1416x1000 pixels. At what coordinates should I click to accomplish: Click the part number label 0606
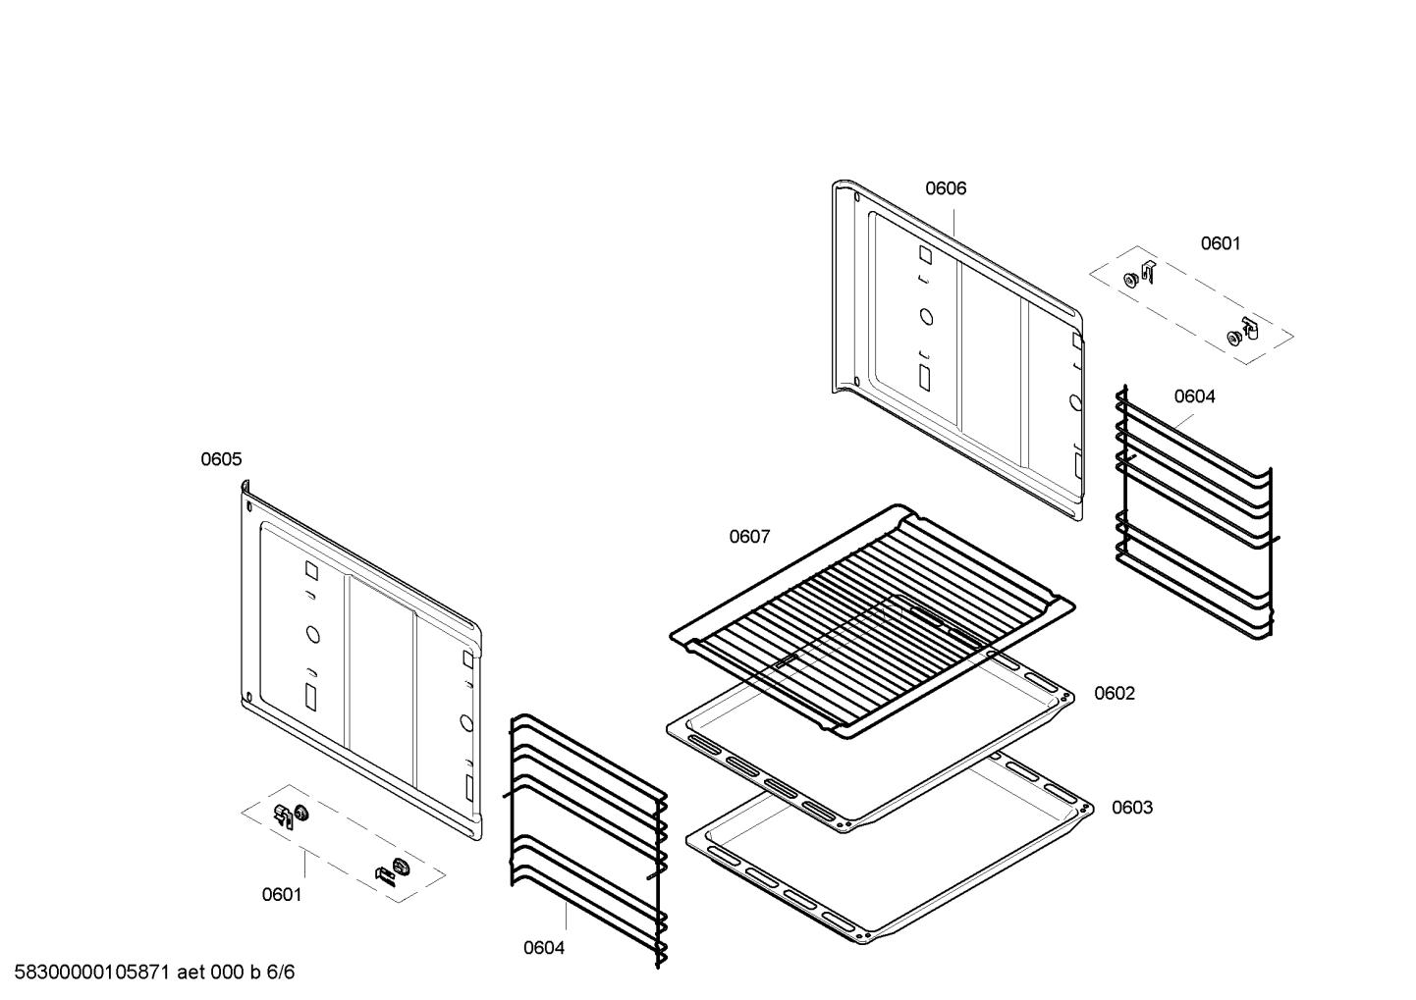(946, 188)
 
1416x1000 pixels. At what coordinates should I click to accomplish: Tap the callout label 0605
(221, 459)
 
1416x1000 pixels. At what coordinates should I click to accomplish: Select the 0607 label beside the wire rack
(749, 537)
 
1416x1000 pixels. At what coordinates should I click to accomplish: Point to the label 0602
(1115, 693)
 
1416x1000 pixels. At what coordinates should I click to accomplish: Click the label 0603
(1132, 808)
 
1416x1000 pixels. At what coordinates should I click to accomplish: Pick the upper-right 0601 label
(1221, 243)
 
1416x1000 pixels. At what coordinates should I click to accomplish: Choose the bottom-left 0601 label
(282, 894)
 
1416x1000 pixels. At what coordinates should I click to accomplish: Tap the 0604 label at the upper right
(1195, 396)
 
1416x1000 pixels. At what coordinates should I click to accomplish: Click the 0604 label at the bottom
(544, 948)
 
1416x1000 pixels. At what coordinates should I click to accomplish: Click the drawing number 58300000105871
(92, 973)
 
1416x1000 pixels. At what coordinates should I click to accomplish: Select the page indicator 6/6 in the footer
(281, 973)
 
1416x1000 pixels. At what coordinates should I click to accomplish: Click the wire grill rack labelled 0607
(872, 622)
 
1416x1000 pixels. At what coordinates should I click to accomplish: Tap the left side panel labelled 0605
(361, 660)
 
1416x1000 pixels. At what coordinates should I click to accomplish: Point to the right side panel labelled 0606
(957, 349)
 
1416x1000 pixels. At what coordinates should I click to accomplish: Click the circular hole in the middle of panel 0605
(313, 634)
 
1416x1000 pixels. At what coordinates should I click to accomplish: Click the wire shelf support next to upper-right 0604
(1195, 512)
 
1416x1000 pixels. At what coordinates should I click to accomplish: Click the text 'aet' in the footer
(191, 973)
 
